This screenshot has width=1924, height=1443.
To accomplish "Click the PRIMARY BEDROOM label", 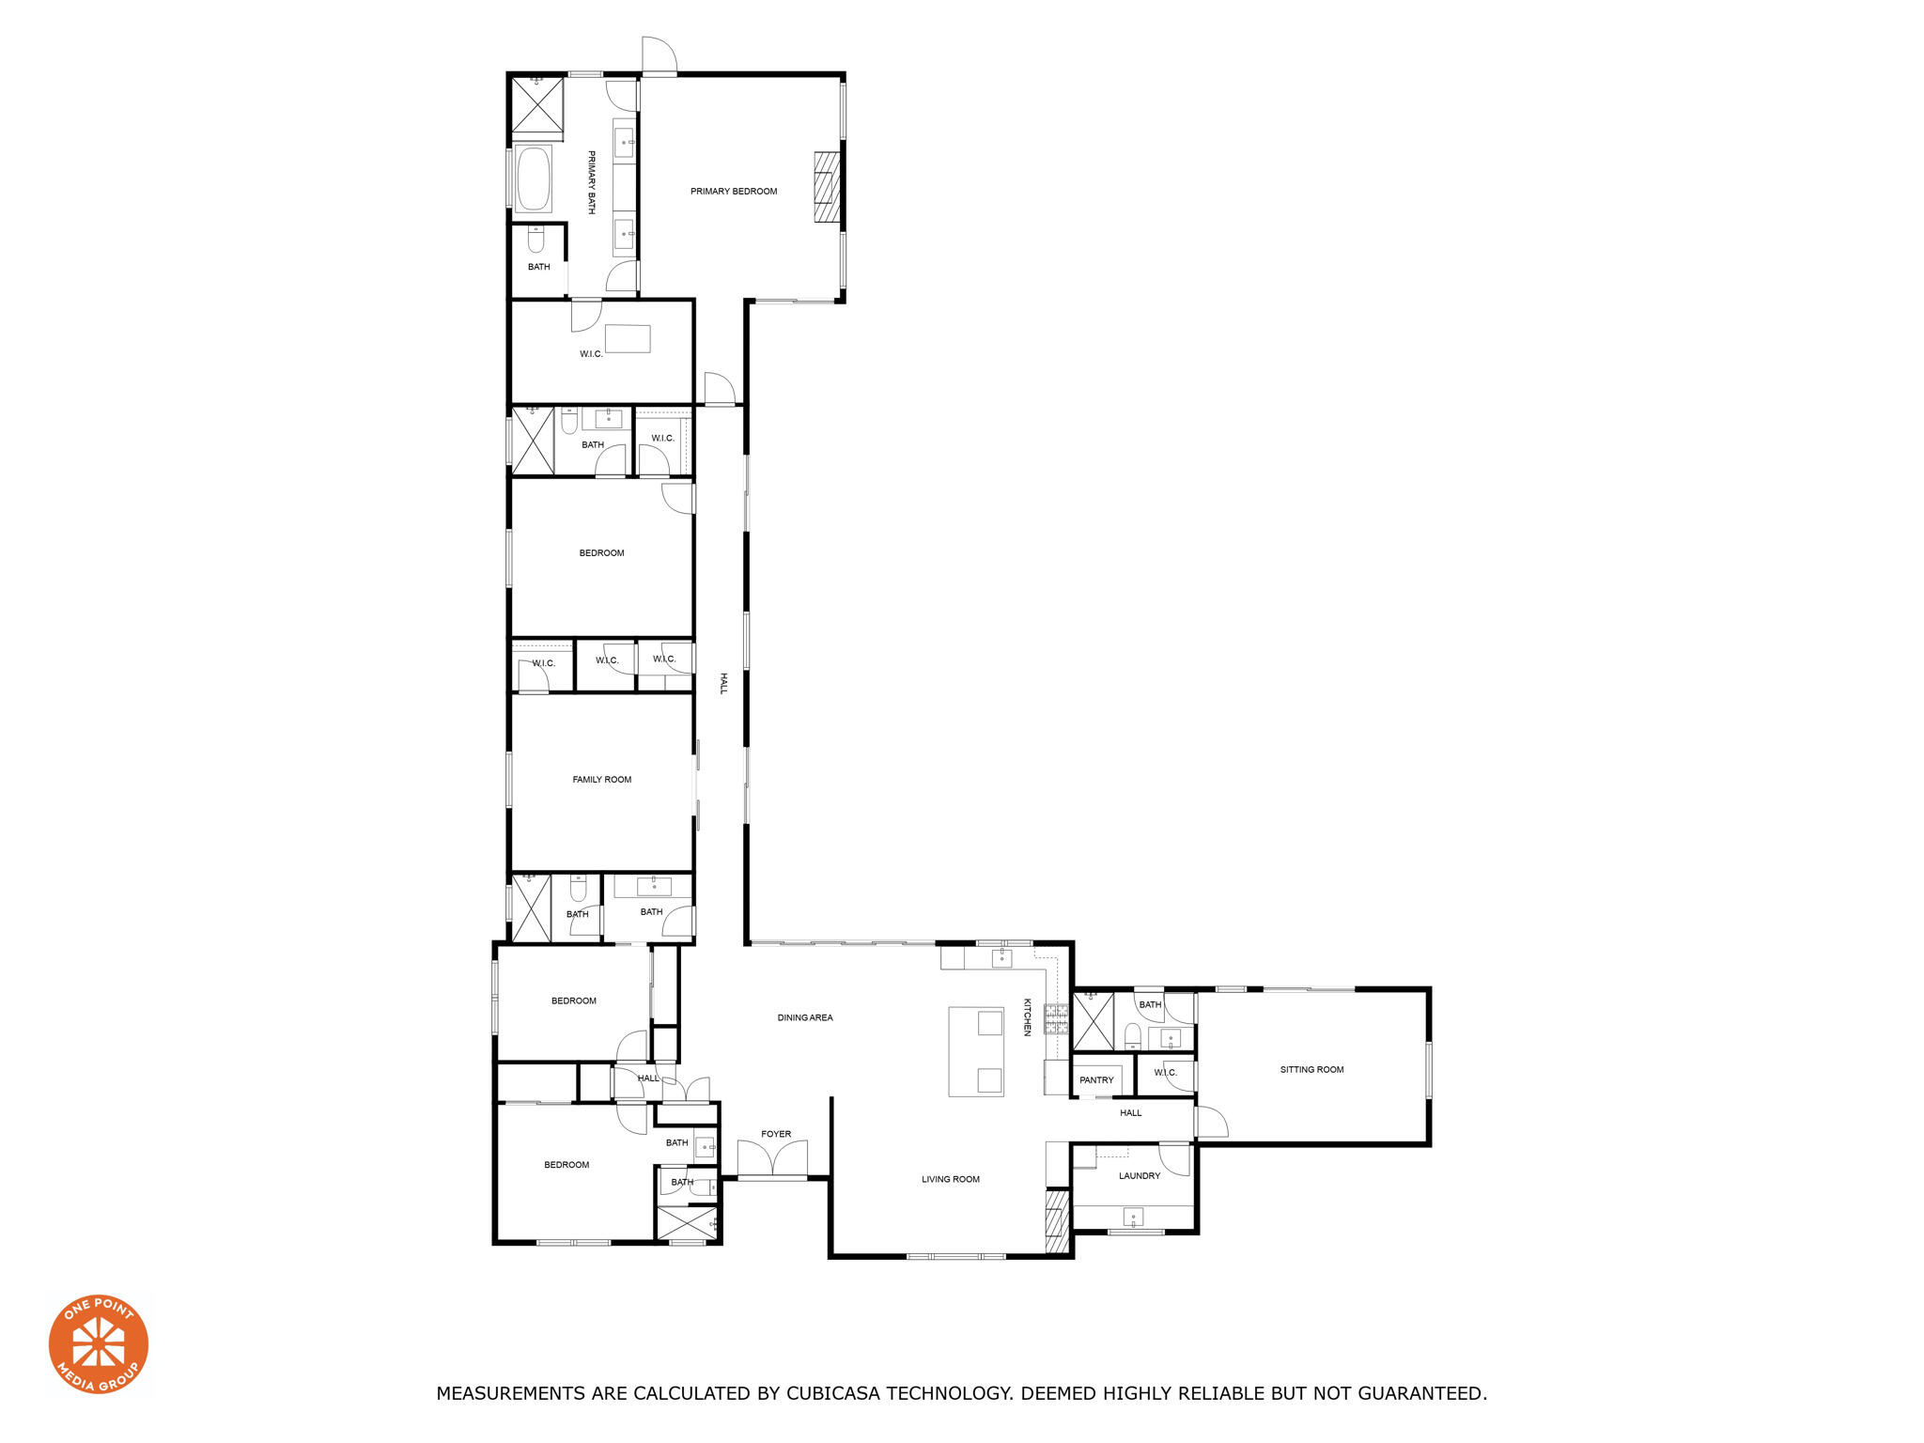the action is click(x=734, y=192).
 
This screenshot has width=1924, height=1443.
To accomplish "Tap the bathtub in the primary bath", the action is click(x=534, y=178).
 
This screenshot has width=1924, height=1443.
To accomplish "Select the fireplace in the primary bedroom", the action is click(x=826, y=187).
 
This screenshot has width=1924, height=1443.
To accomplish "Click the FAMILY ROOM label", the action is click(x=602, y=780).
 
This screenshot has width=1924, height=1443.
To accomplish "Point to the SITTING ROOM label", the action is click(x=1311, y=1070).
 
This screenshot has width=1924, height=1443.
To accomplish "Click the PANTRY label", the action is click(x=1096, y=1080).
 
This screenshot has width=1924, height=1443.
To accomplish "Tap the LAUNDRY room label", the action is click(x=1140, y=1176).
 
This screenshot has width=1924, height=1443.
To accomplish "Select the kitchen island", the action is click(x=976, y=1051).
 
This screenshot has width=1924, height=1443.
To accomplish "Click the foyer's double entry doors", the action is click(x=772, y=1157).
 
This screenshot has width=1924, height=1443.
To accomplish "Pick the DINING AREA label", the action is click(x=805, y=1018).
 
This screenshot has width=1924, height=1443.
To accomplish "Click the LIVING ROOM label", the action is click(x=951, y=1180).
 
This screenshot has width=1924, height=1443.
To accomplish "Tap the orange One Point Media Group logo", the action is click(x=99, y=1344).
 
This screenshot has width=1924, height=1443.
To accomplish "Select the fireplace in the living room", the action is click(x=1058, y=1221).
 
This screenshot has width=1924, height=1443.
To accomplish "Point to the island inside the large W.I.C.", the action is click(x=628, y=338).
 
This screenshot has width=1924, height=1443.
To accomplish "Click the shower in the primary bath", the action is click(x=537, y=105).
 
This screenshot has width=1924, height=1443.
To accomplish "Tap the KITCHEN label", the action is click(x=1027, y=1017).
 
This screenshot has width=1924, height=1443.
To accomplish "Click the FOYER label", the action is click(x=776, y=1135).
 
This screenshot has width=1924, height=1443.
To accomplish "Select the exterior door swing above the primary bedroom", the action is click(x=659, y=54).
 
